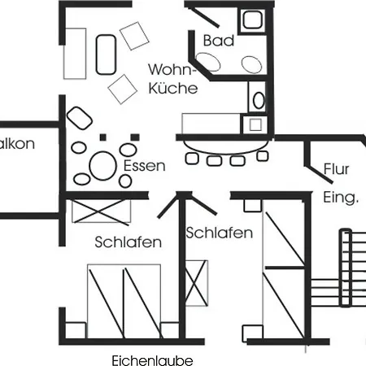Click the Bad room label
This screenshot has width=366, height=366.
click(x=219, y=41)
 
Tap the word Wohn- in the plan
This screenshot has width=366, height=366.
click(x=172, y=69)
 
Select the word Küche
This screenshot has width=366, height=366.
click(x=173, y=88)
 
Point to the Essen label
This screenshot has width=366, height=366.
click(x=144, y=166)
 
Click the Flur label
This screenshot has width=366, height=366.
click(x=336, y=169)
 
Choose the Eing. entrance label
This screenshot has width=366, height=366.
click(x=341, y=198)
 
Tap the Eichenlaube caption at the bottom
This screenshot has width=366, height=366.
click(x=152, y=360)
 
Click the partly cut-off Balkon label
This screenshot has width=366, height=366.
click(x=17, y=144)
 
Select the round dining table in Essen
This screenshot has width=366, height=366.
click(x=103, y=166)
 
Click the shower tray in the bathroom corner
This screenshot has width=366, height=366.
click(x=252, y=20)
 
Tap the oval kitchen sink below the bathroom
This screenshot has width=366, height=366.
click(x=259, y=100)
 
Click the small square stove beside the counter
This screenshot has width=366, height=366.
click(x=255, y=124)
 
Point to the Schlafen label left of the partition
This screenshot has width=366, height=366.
click(x=128, y=242)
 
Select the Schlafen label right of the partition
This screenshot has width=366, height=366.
click(x=219, y=233)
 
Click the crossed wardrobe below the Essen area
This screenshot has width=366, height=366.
click(x=101, y=211)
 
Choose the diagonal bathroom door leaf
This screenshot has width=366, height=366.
click(x=205, y=17)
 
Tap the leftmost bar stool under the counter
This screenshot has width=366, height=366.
click(x=192, y=159)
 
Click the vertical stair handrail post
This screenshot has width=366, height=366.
click(x=346, y=268)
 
